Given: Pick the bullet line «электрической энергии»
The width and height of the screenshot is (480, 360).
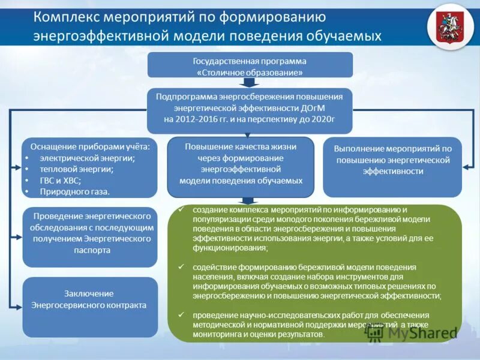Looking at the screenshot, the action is [x=87, y=158].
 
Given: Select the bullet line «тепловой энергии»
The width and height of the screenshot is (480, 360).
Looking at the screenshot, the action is [x=77, y=169].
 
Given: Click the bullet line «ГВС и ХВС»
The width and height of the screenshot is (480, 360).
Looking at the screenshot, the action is [x=61, y=180].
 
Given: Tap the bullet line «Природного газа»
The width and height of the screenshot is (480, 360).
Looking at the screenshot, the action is [x=75, y=191].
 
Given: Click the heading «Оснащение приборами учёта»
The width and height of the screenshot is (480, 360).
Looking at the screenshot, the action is [x=89, y=146].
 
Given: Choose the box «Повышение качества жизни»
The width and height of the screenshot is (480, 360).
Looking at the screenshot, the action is [x=240, y=166].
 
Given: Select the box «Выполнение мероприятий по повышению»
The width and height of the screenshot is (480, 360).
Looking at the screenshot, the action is [x=392, y=166].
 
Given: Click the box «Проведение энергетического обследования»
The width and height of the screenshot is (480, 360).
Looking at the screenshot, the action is [x=90, y=236].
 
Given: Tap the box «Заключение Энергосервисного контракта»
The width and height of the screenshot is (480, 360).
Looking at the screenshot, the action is [x=90, y=306].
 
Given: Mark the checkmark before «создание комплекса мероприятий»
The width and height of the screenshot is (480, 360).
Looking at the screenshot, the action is [x=182, y=209].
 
